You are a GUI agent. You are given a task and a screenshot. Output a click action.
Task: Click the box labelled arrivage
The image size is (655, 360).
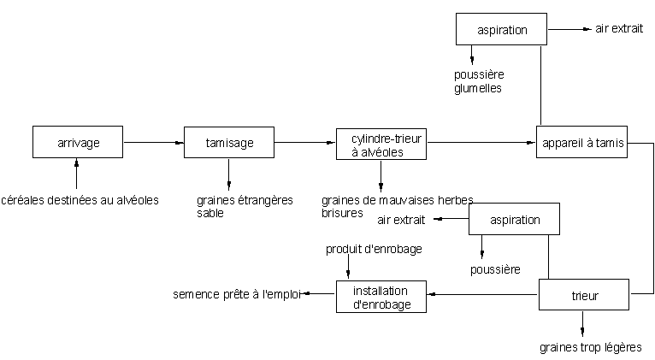(x=78, y=142)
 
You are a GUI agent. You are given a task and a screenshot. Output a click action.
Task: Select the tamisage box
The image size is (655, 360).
(x=229, y=142)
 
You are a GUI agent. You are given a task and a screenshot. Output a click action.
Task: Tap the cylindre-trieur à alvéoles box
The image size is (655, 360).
(x=381, y=143)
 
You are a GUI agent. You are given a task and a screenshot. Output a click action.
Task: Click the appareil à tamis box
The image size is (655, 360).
(x=582, y=142)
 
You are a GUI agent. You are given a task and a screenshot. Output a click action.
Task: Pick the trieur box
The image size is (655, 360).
(x=584, y=296)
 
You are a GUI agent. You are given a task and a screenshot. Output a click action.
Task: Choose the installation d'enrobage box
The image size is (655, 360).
(x=381, y=296)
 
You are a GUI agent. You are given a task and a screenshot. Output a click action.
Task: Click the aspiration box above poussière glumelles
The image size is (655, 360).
(x=501, y=30)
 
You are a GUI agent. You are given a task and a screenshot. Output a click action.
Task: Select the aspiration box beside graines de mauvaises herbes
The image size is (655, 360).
(x=515, y=220)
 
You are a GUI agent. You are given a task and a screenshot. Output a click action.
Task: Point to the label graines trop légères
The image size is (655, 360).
(x=590, y=347)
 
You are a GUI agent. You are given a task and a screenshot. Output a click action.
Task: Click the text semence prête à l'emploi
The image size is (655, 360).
(x=236, y=295)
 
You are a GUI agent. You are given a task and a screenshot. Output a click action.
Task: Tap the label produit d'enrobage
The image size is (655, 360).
(x=373, y=249)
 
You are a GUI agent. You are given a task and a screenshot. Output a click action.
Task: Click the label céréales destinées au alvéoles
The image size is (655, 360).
(x=80, y=200)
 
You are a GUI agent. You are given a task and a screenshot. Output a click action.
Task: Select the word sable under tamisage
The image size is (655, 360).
(x=209, y=213)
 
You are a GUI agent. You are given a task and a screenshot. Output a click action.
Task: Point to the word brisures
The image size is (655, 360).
(x=342, y=213)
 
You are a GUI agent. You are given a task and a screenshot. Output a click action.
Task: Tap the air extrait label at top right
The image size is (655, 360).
(x=619, y=29)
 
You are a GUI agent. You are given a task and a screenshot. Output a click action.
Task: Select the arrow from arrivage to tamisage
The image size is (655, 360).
(x=153, y=142)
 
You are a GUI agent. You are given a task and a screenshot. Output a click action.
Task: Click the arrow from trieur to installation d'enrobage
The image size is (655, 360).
(x=483, y=296)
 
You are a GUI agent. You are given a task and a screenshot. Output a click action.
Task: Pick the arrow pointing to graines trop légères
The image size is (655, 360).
(x=584, y=323)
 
